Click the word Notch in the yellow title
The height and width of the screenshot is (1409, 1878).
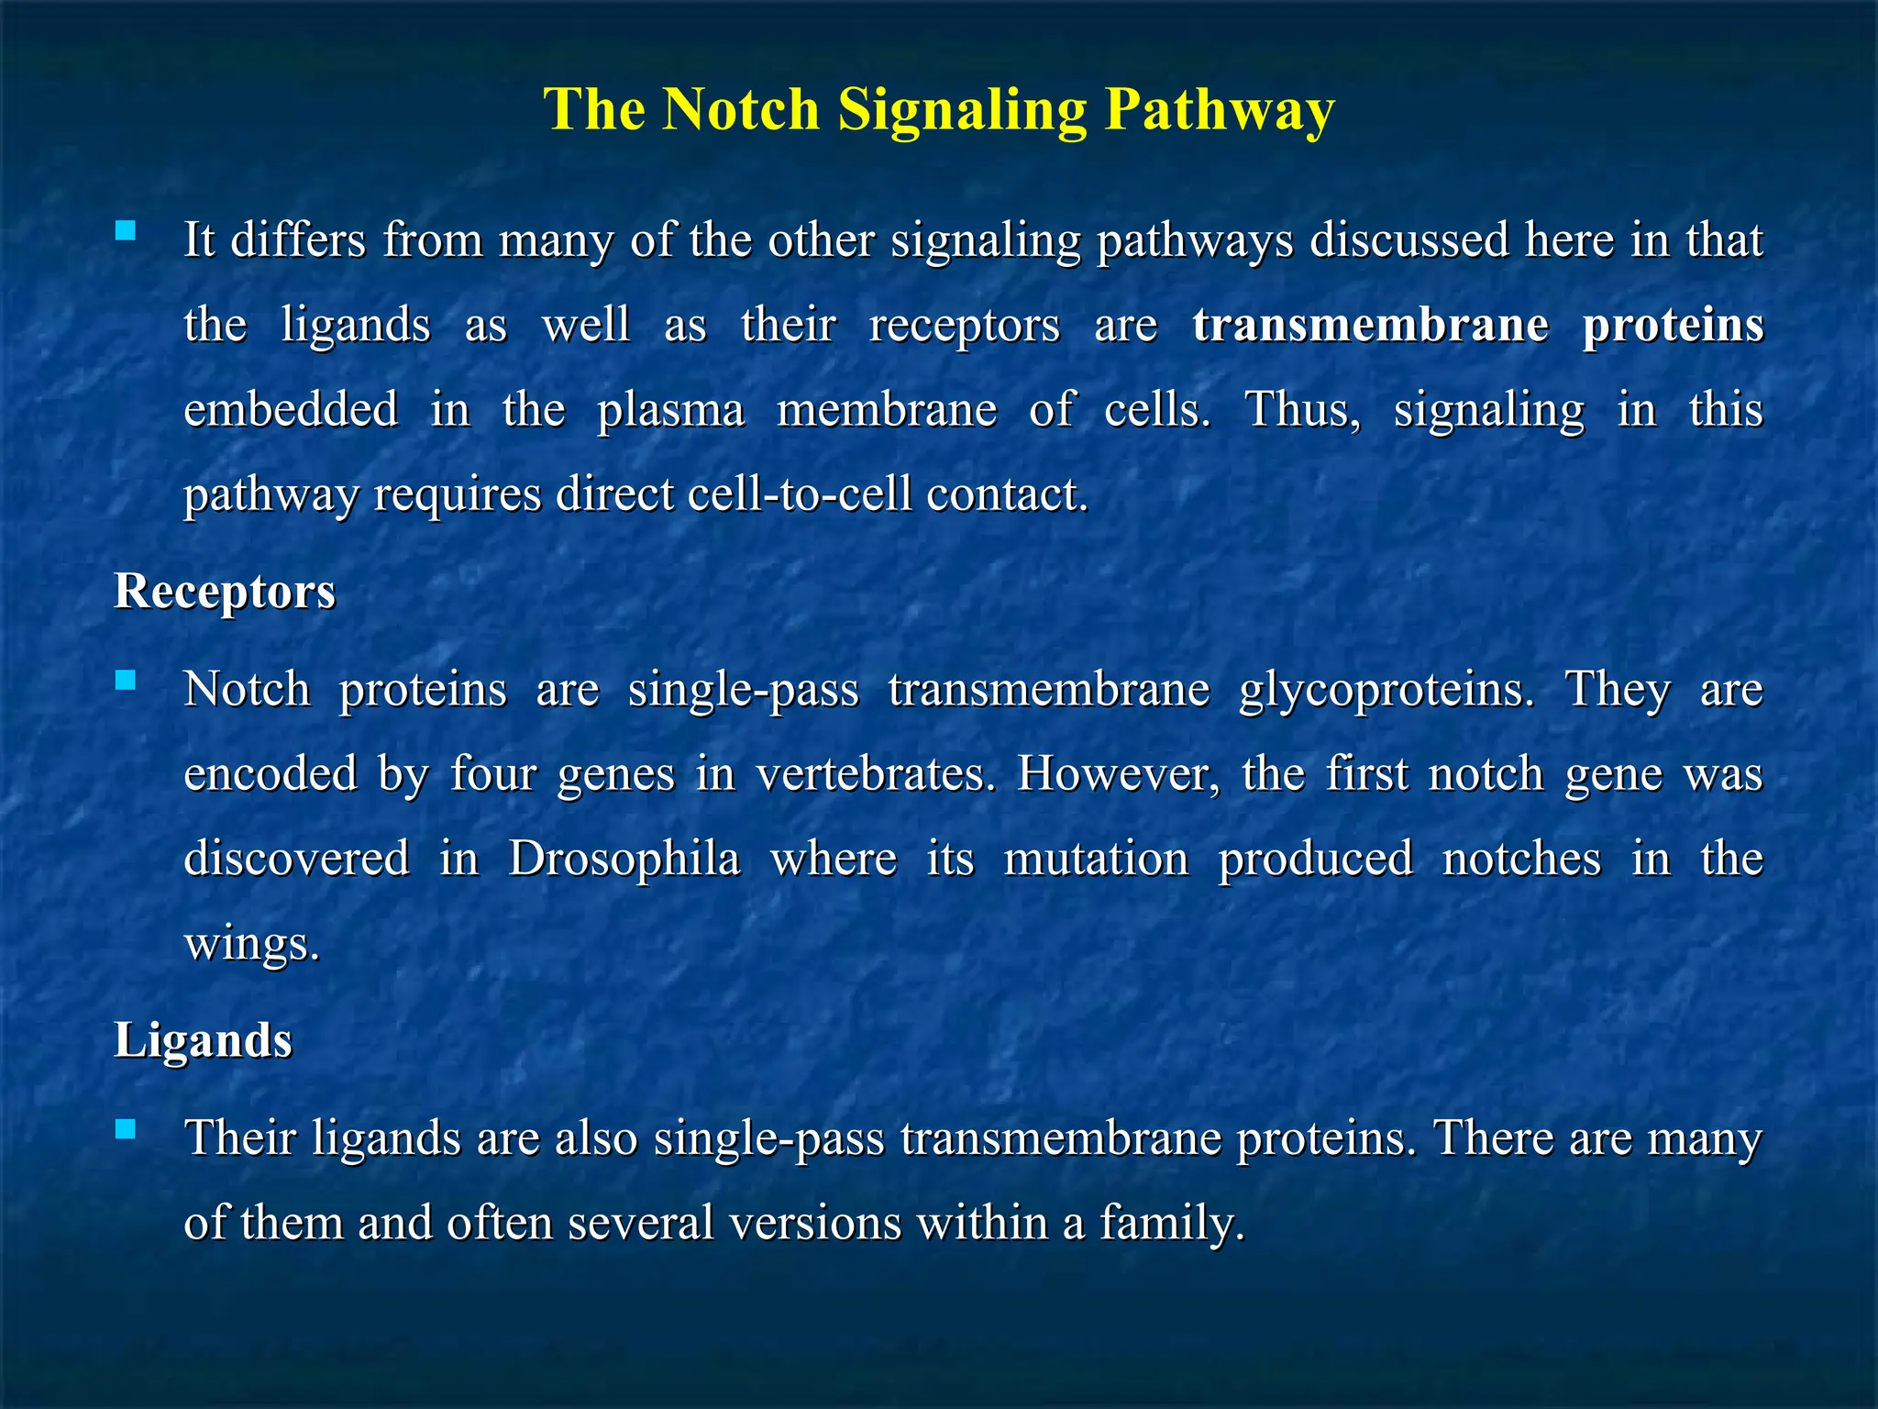740,109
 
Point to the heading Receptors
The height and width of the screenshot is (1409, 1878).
225,591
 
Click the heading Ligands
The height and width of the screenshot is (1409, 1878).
203,1040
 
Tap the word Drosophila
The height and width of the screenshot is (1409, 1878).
624,859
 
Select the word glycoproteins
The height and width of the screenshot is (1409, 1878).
1386,690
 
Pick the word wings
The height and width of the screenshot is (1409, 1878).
252,944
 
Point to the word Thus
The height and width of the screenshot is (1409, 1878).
1302,409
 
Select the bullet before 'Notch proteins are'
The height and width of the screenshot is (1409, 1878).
126,680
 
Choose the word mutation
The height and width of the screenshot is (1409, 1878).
1096,859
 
